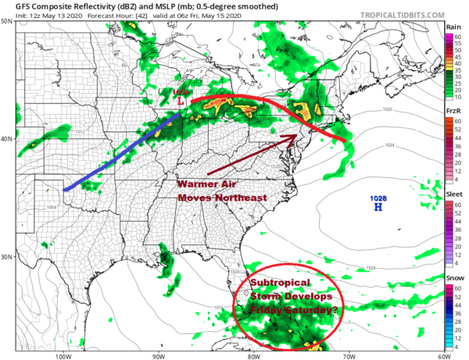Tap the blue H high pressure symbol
click(x=378, y=208)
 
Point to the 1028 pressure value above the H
click(x=378, y=199)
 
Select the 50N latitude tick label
click(x=6, y=21)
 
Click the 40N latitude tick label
click(x=6, y=139)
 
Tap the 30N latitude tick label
click(x=6, y=257)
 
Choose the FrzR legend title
click(x=453, y=111)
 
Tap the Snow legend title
click(x=453, y=277)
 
